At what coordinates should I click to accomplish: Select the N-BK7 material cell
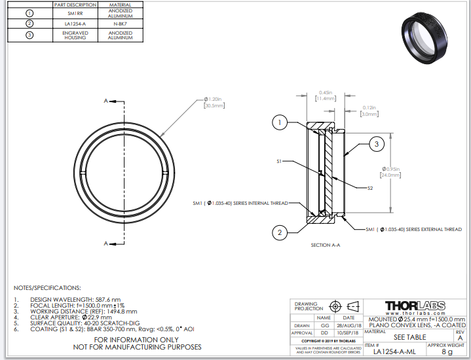click(x=120, y=24)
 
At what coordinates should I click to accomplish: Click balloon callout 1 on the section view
click(x=280, y=122)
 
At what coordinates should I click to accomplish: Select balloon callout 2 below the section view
click(x=280, y=232)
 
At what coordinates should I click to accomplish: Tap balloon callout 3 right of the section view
click(x=377, y=144)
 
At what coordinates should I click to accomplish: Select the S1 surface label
click(x=279, y=160)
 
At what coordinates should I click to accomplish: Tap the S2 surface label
click(x=370, y=187)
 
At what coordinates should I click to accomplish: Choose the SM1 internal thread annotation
click(x=240, y=204)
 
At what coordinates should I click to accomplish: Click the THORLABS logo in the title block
click(x=415, y=306)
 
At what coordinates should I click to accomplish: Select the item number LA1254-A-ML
click(x=394, y=351)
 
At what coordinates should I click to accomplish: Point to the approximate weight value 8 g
click(x=447, y=351)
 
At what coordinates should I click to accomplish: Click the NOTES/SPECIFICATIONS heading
click(x=47, y=287)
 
